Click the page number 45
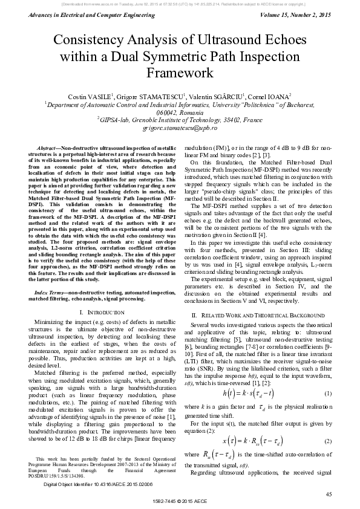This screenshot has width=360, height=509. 329,494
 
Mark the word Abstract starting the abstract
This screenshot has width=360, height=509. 49,148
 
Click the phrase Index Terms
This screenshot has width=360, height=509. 50,275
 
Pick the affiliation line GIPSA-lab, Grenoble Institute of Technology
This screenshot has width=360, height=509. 180,120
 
